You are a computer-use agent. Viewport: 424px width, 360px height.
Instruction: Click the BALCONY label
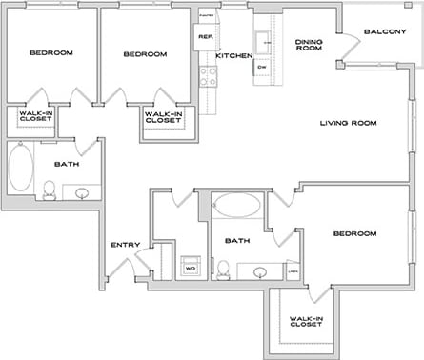click(x=385, y=31)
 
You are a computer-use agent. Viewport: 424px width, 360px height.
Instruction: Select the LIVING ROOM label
click(x=348, y=123)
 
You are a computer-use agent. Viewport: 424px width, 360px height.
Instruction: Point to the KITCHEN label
click(x=233, y=56)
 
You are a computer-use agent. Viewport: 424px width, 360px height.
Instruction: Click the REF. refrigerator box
click(x=205, y=37)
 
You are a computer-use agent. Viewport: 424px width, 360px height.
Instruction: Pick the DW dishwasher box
click(x=262, y=68)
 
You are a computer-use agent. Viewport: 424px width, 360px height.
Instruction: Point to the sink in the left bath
click(x=83, y=193)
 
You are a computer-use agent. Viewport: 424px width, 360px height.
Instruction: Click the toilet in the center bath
click(x=223, y=270)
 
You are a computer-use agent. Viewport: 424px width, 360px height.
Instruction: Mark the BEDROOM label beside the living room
click(x=353, y=233)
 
